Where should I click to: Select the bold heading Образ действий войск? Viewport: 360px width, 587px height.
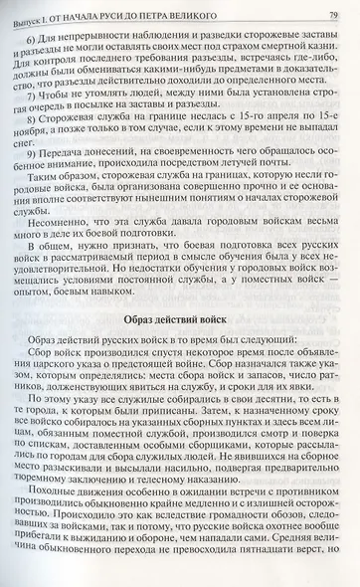click(178, 321)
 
